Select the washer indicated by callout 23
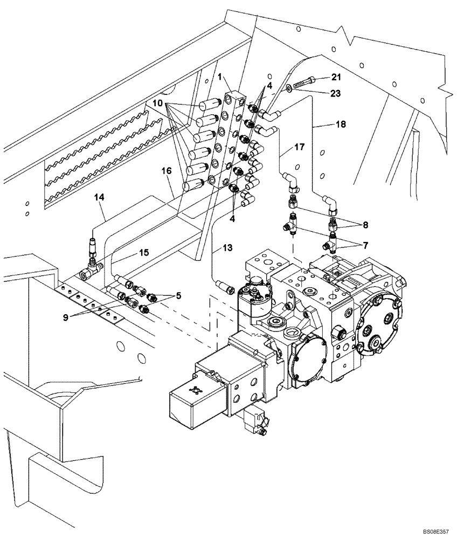point(290,87)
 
